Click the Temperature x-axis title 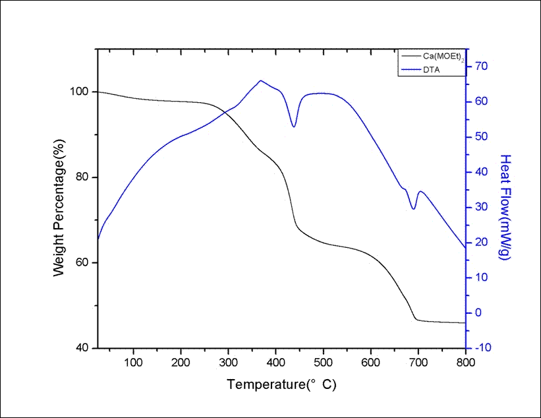click(281, 384)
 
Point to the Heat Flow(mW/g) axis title click(505, 207)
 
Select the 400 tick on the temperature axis click(276, 361)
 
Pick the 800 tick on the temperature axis click(465, 361)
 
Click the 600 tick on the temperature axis click(371, 361)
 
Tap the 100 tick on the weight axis click(85, 92)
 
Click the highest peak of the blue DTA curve click(260, 80)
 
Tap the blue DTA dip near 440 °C click(294, 127)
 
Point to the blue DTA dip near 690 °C click(414, 209)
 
